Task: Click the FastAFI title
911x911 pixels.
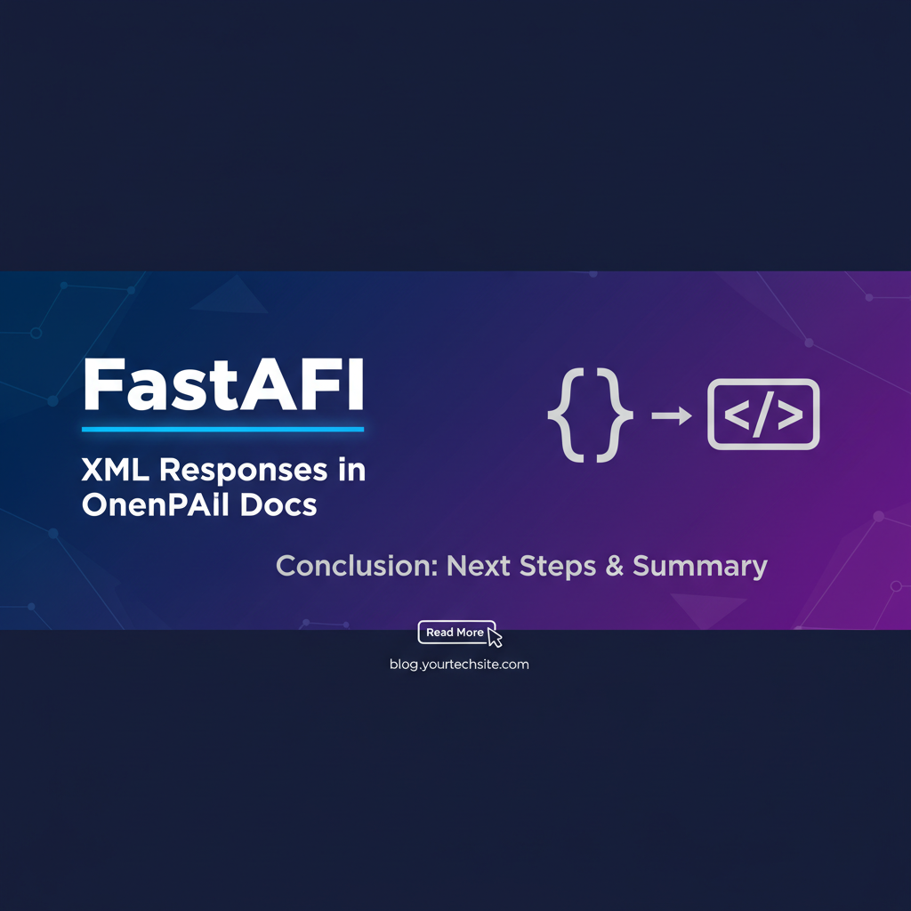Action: (x=223, y=384)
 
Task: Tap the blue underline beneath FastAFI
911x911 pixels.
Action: (x=223, y=430)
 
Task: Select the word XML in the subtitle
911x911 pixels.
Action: (x=115, y=470)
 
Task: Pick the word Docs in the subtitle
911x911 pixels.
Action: (x=278, y=504)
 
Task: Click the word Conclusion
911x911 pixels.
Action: (x=357, y=566)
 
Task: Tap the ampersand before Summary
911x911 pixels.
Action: (x=614, y=566)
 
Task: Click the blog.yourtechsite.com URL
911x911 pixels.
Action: (x=459, y=665)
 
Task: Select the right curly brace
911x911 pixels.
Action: (x=614, y=415)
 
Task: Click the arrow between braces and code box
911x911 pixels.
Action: (x=672, y=415)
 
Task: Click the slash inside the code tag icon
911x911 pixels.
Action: (x=762, y=415)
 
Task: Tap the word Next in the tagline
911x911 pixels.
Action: (x=478, y=566)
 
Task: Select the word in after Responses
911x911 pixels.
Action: (x=351, y=470)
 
